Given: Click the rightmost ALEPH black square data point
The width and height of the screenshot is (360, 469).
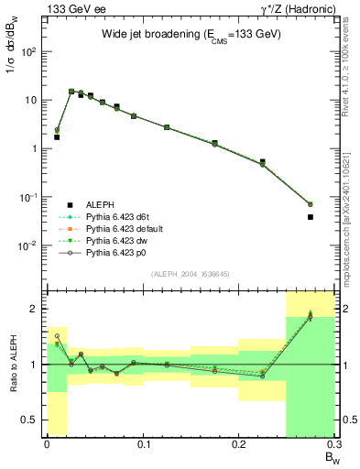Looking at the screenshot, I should pos(311,217).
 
